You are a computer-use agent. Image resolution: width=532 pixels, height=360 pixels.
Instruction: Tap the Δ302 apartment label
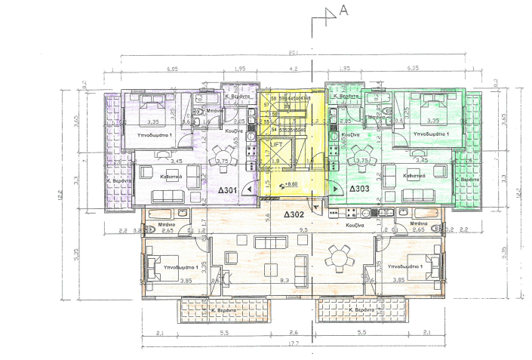click(294, 214)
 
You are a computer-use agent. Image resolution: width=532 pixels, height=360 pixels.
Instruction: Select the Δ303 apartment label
click(360, 189)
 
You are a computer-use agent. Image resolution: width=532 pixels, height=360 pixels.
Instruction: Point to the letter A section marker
click(343, 10)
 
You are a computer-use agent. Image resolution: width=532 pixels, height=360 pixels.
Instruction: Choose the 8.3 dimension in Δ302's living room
click(284, 279)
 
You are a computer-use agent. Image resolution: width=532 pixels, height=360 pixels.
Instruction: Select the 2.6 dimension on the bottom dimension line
click(293, 333)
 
